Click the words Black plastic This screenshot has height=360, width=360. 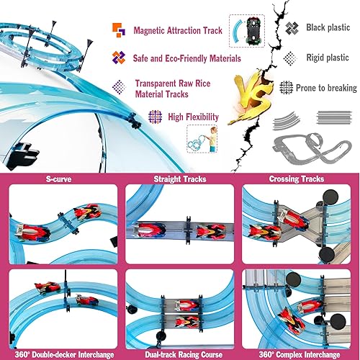click(x=325, y=27)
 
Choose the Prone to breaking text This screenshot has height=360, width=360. click(x=325, y=88)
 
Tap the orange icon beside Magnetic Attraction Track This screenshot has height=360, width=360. click(x=120, y=31)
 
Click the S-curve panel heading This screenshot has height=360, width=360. click(x=60, y=179)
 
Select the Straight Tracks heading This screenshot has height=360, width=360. click(x=180, y=179)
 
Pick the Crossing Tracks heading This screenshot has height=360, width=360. click(x=300, y=179)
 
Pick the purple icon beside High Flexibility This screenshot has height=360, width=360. click(x=153, y=115)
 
